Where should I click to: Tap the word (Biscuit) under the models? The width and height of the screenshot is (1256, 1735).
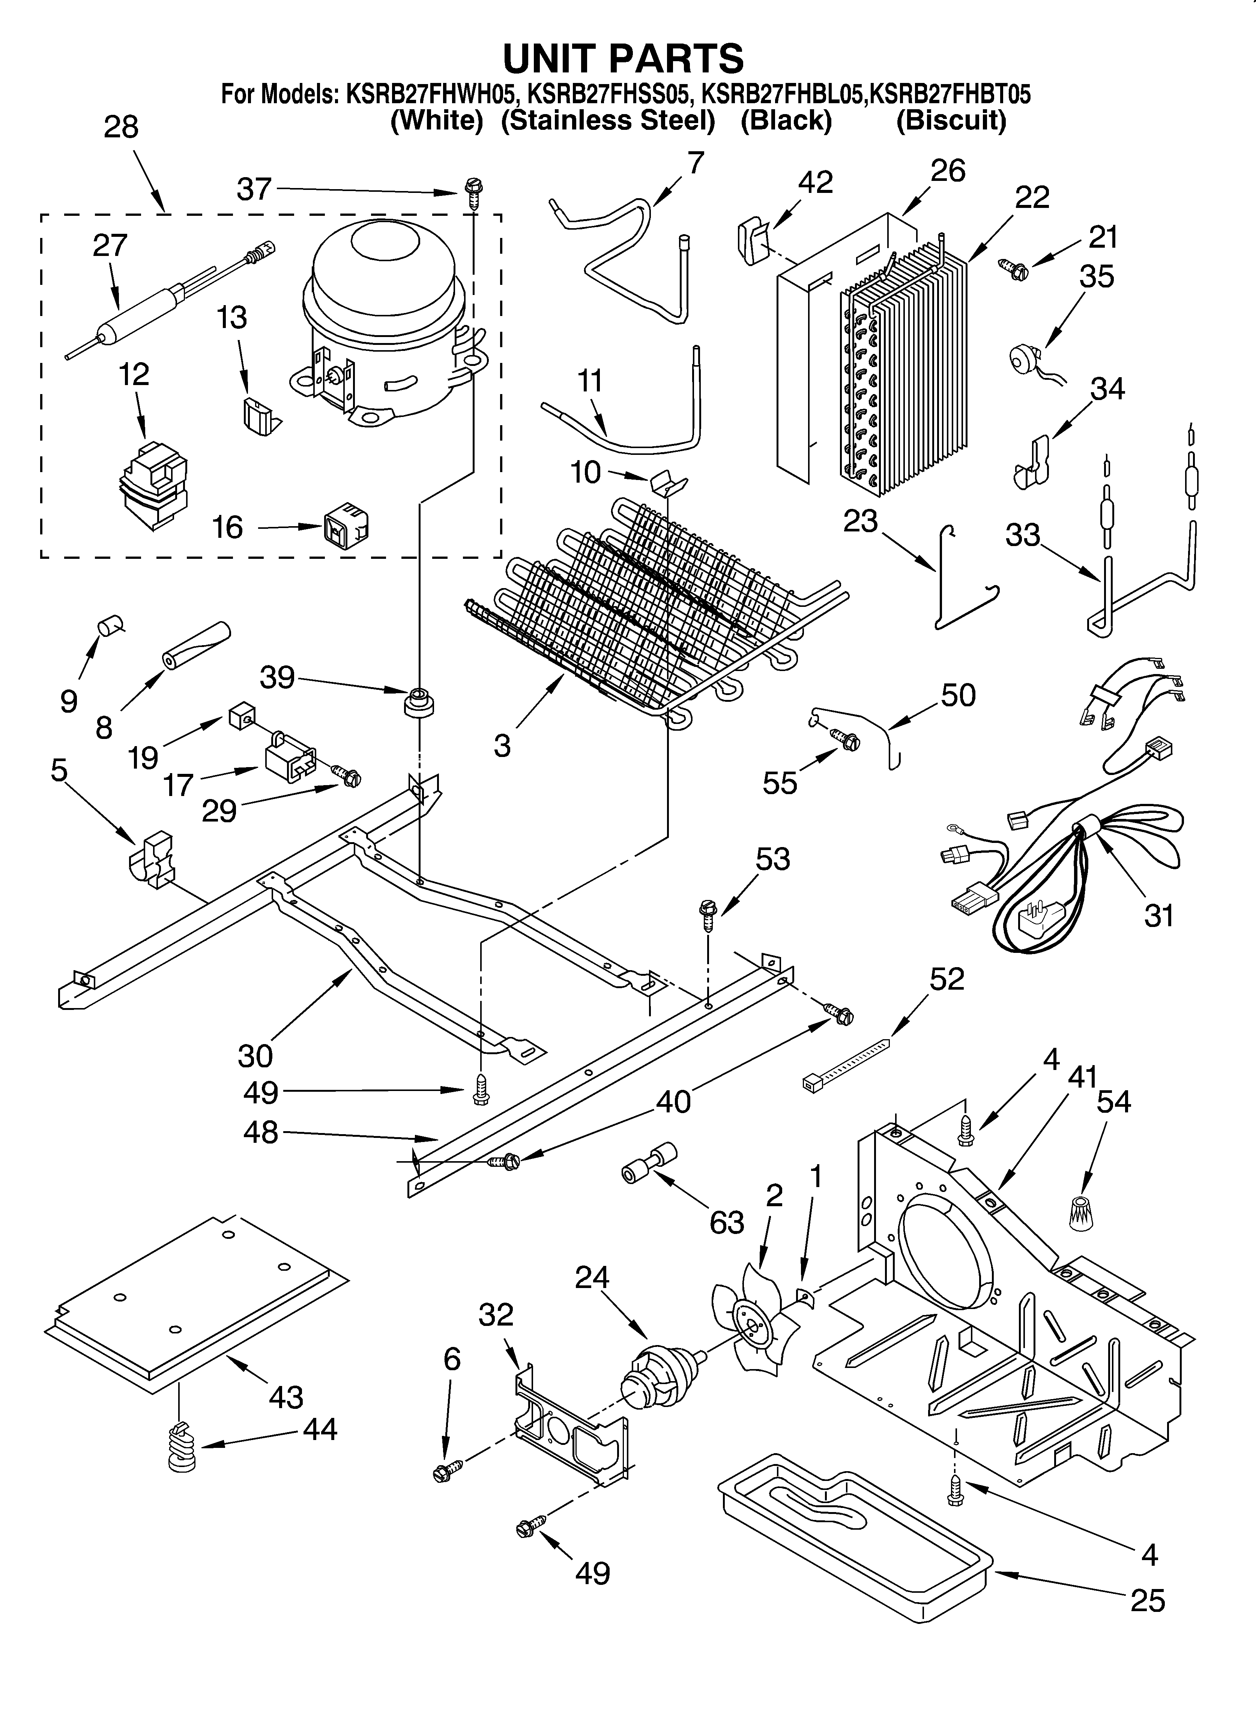(x=951, y=120)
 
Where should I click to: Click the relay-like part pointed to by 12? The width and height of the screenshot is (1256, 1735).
(x=153, y=486)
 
